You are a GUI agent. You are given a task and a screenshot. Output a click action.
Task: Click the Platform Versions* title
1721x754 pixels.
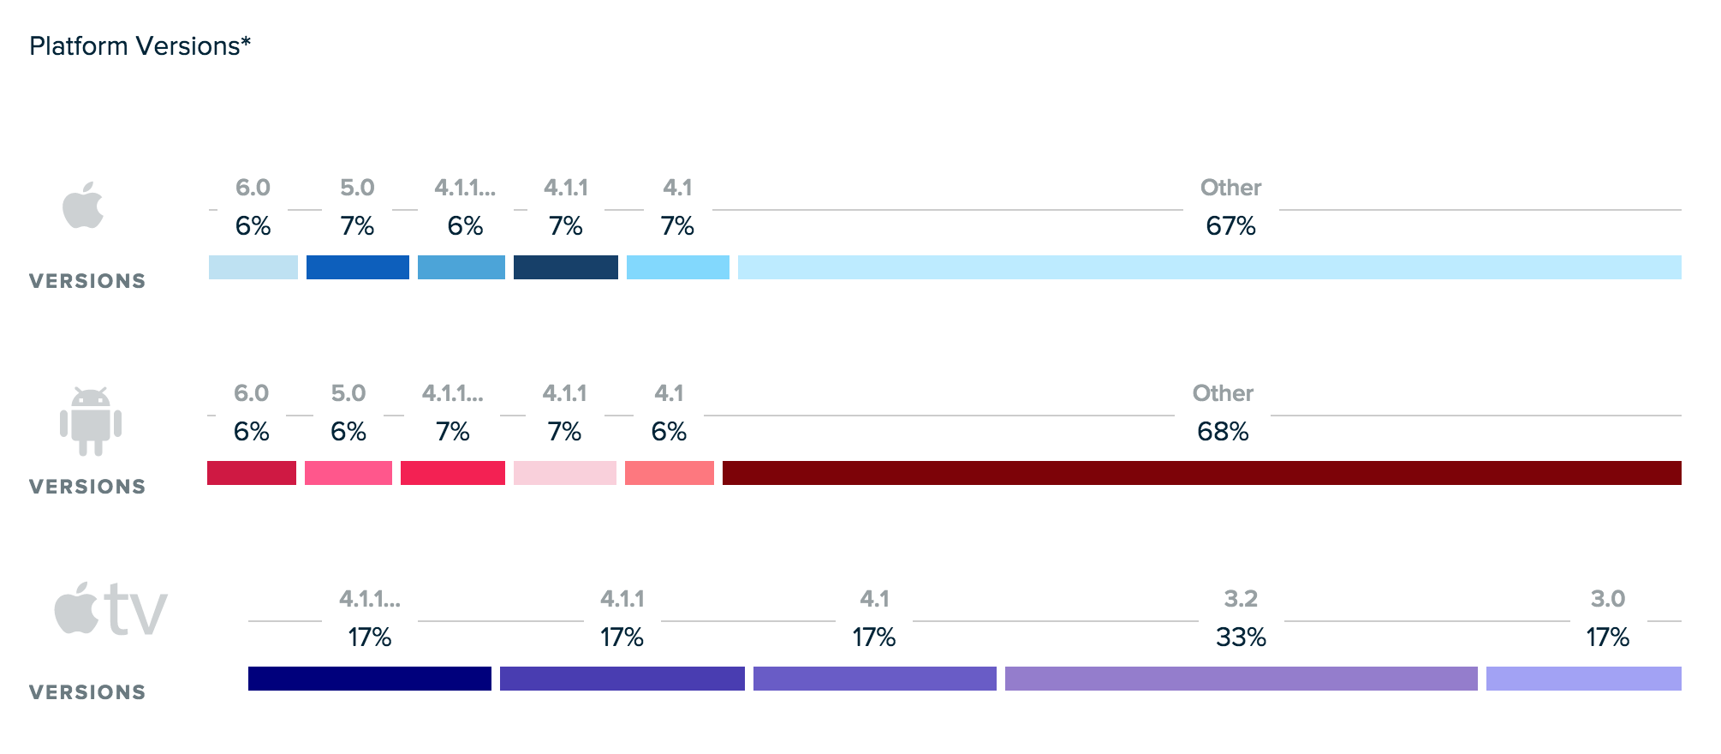coord(140,46)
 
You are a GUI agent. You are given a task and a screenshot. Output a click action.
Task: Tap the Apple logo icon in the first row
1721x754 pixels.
coord(83,206)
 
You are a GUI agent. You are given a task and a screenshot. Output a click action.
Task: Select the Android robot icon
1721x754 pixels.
coord(91,422)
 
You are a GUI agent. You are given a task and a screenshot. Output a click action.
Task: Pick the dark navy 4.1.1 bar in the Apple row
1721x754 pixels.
coord(565,267)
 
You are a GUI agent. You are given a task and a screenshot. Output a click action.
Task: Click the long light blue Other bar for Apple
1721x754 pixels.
coord(1209,267)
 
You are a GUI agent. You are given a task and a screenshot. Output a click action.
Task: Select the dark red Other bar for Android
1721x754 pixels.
coord(1201,473)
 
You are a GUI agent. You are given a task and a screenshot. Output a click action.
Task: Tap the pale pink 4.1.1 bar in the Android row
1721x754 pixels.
coord(564,473)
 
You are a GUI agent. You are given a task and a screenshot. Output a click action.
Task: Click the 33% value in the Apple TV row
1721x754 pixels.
coord(1241,637)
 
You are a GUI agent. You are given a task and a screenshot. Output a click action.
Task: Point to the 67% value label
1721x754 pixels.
coord(1230,226)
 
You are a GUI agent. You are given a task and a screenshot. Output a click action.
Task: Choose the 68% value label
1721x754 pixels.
coord(1223,432)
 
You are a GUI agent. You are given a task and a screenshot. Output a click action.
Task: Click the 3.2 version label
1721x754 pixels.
coord(1241,599)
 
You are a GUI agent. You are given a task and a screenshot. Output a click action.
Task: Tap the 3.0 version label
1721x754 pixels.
coord(1607,599)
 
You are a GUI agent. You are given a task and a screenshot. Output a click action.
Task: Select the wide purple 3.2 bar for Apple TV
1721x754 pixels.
coord(1241,679)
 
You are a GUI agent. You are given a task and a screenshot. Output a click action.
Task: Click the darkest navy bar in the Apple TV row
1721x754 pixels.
coord(369,679)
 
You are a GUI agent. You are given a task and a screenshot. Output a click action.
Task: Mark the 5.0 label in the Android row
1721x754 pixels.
coord(348,393)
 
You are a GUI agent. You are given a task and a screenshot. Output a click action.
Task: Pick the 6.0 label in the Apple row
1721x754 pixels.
coord(253,188)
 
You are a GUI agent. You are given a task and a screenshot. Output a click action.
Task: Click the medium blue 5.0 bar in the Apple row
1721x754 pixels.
coord(357,267)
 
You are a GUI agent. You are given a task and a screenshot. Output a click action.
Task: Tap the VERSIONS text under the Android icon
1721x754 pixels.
coord(87,487)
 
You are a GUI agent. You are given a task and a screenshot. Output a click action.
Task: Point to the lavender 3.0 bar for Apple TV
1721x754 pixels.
coord(1583,679)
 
